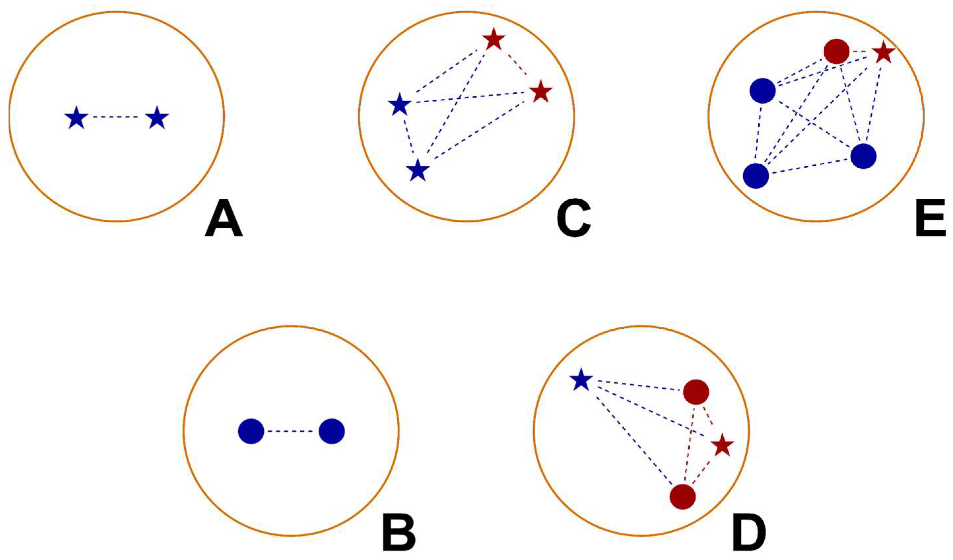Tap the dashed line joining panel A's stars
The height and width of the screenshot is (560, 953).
point(116,117)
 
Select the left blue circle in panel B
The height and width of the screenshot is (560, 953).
point(251,431)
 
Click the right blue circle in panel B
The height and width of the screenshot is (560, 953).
point(332,431)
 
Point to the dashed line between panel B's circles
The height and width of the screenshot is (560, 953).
point(291,431)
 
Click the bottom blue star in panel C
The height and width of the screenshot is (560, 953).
point(417,171)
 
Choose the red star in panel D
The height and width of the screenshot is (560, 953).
point(722,446)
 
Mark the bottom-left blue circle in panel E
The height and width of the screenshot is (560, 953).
point(756,176)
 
